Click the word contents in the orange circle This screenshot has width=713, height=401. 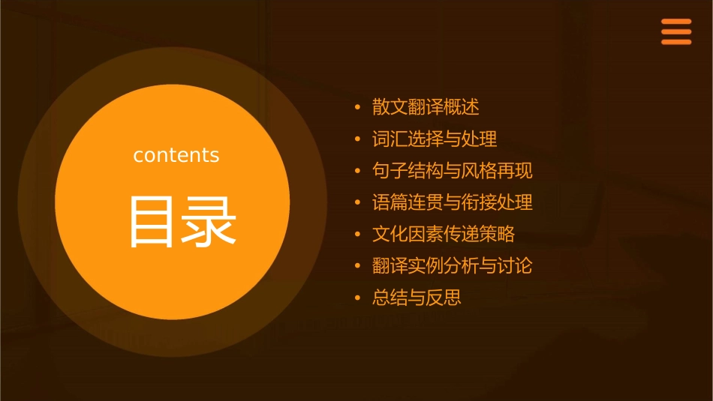pyautogui.click(x=176, y=155)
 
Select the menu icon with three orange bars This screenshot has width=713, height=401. pyautogui.click(x=675, y=31)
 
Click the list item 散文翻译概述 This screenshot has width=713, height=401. pyautogui.click(x=425, y=107)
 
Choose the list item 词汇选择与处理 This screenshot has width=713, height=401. pyautogui.click(x=435, y=139)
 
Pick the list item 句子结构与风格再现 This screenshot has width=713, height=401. pyautogui.click(x=452, y=171)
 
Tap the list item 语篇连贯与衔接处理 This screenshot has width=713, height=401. pyautogui.click(x=452, y=202)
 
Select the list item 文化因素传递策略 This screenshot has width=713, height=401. pyautogui.click(x=443, y=234)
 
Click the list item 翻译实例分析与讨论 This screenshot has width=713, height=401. pyautogui.click(x=452, y=266)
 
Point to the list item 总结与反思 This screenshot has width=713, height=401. pyautogui.click(x=417, y=298)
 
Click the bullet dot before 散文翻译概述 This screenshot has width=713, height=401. pyautogui.click(x=358, y=108)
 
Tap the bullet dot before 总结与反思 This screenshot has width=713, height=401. pyautogui.click(x=358, y=298)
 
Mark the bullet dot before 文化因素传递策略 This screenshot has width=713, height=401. pyautogui.click(x=358, y=235)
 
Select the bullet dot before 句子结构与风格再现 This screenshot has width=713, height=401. pyautogui.click(x=358, y=172)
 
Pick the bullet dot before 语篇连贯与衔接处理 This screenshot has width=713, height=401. pyautogui.click(x=358, y=203)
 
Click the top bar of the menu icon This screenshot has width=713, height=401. pyautogui.click(x=675, y=22)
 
